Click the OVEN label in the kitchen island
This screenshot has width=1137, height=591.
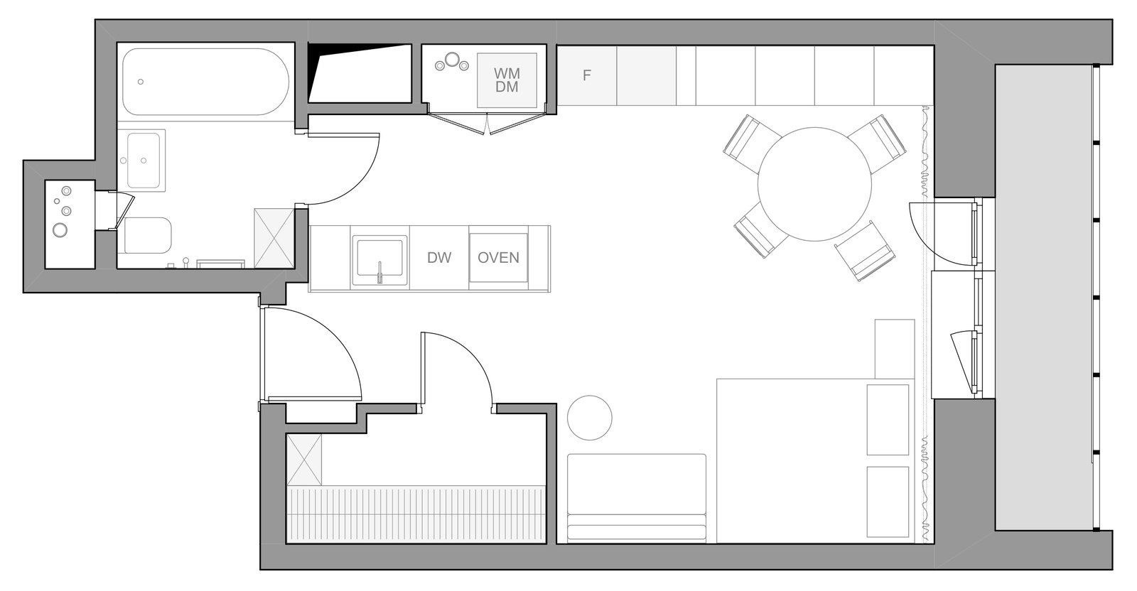[x=498, y=258]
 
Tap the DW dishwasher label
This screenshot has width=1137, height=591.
[x=439, y=258]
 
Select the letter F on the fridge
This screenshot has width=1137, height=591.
[x=587, y=75]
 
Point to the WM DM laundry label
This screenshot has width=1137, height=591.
[x=507, y=80]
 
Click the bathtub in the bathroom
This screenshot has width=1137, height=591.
[x=205, y=82]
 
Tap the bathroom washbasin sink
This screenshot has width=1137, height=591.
[x=144, y=161]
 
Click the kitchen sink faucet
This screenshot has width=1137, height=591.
[x=379, y=273]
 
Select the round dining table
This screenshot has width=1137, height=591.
[x=814, y=184]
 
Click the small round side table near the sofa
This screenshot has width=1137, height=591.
[x=589, y=418]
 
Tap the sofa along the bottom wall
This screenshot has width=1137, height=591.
[x=637, y=497]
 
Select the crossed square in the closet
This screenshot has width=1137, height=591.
[x=304, y=460]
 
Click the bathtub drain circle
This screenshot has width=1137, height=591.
[x=141, y=82]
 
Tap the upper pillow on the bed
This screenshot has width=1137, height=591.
[x=888, y=420]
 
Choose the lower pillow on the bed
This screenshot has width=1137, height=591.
[x=888, y=501]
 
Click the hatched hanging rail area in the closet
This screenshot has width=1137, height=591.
[x=416, y=514]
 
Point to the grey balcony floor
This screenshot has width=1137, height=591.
[x=1044, y=298]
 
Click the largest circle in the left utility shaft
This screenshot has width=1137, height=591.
[x=60, y=230]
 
